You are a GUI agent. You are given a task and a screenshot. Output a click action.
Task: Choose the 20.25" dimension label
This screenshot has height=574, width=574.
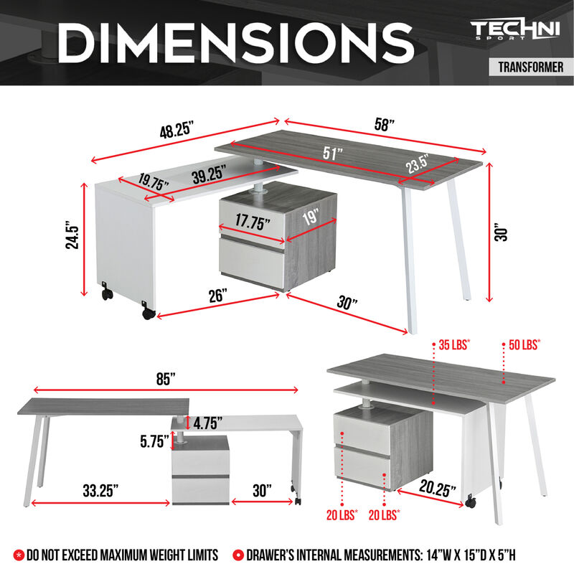pyautogui.click(x=438, y=490)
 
